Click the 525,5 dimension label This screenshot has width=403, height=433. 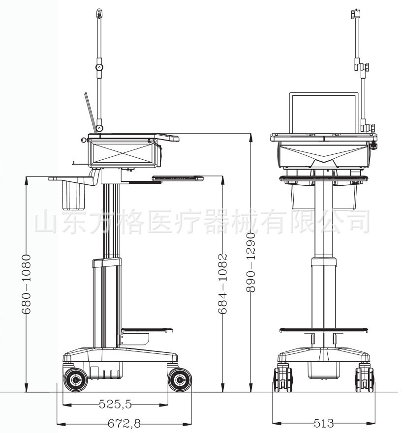point(115,405)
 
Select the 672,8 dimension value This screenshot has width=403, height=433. point(124,423)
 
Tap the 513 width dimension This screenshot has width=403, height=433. point(324,423)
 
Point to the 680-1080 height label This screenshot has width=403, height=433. point(26,284)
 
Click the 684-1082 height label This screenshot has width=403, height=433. point(222,284)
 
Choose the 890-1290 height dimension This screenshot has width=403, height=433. point(251,262)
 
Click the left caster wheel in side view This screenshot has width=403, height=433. point(75,380)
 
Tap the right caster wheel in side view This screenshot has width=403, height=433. point(180,380)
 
